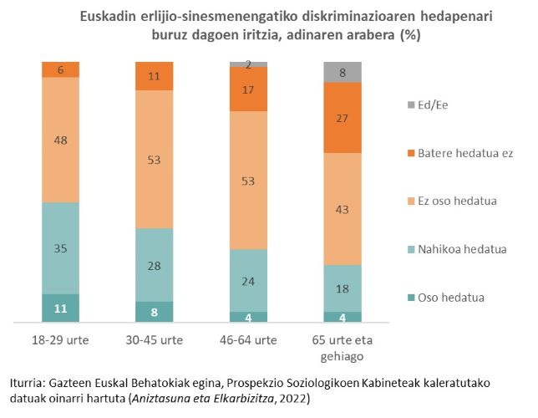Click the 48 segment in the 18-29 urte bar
point(60,140)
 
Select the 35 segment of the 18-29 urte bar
point(60,248)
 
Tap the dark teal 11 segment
point(60,308)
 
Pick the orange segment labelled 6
point(60,70)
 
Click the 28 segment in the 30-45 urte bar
point(155,265)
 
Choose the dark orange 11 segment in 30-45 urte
point(155,76)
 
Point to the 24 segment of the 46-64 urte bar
point(248,281)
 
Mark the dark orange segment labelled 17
point(248,89)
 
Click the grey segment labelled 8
point(343,72)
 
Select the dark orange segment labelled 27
point(343,118)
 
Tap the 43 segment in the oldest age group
point(343,208)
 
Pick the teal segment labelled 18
point(343,288)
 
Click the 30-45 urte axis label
point(155,341)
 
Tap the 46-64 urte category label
point(248,341)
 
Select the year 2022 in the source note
point(292,398)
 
